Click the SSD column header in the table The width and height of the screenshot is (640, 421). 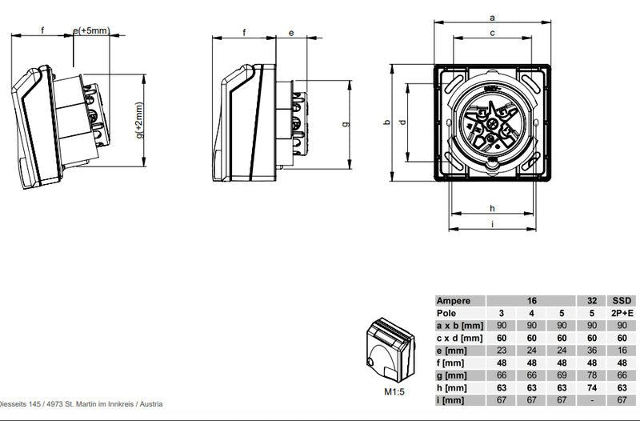pyautogui.click(x=622, y=301)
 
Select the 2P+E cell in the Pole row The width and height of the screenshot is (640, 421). pyautogui.click(x=622, y=314)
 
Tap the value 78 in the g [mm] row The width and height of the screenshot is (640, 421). pyautogui.click(x=593, y=375)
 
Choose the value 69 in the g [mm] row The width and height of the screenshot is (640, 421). pyautogui.click(x=562, y=375)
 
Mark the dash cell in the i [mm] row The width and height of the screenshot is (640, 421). pyautogui.click(x=593, y=400)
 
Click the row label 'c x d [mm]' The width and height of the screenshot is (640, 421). pyautogui.click(x=459, y=339)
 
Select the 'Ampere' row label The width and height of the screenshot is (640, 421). pyautogui.click(x=454, y=301)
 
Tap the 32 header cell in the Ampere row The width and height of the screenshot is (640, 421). pyautogui.click(x=593, y=301)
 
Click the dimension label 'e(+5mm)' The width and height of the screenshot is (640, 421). pyautogui.click(x=90, y=30)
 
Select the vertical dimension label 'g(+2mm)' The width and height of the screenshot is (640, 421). pyautogui.click(x=141, y=121)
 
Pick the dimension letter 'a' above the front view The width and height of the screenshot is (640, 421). pyautogui.click(x=493, y=16)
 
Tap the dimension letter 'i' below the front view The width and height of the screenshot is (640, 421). pyautogui.click(x=493, y=225)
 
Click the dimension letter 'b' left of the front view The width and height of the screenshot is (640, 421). pyautogui.click(x=386, y=122)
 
